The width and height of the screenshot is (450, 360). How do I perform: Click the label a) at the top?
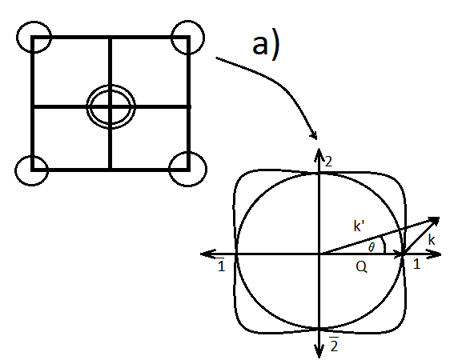(x=265, y=46)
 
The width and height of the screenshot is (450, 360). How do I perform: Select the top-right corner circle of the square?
(x=188, y=37)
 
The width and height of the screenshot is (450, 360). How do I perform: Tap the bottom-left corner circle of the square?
(x=33, y=169)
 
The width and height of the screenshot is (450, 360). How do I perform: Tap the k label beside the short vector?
(x=431, y=240)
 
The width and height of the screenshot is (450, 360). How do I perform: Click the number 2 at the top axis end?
(x=327, y=162)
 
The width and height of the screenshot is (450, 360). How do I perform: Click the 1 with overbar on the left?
(x=221, y=265)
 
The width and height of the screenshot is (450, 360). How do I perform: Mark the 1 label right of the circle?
(x=416, y=264)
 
